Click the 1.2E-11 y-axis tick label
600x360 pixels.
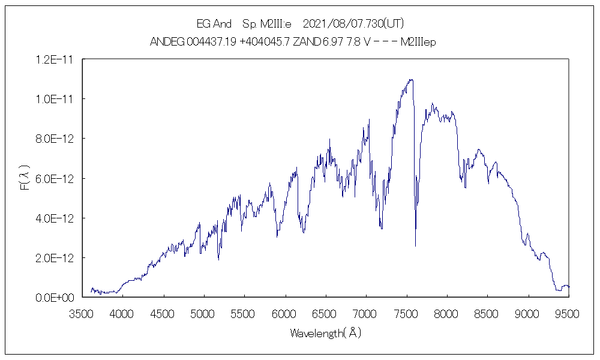pyautogui.click(x=55, y=59)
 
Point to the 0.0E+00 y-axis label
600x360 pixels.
pyautogui.click(x=55, y=298)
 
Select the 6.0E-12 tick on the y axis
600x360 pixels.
pyautogui.click(x=55, y=179)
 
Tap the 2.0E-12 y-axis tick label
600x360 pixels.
pyautogui.click(x=55, y=258)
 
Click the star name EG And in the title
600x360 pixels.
pyautogui.click(x=214, y=24)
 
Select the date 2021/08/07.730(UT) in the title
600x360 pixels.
pyautogui.click(x=353, y=24)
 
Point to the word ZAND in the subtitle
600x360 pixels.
pyautogui.click(x=307, y=43)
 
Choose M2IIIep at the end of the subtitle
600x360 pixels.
pyautogui.click(x=418, y=43)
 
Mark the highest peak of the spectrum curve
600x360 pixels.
pyautogui.click(x=410, y=79)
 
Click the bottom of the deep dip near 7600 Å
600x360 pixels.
pyautogui.click(x=415, y=246)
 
